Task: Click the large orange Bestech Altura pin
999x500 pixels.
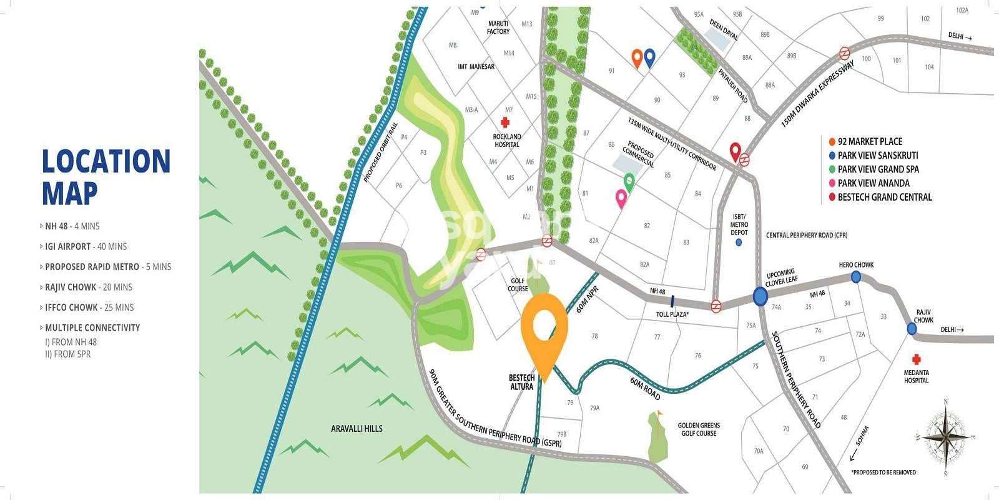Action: (544, 328)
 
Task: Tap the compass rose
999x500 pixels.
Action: (945, 436)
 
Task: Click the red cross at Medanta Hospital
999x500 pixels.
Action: (916, 359)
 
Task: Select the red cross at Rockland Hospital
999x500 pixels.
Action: (506, 122)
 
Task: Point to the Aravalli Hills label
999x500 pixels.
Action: (357, 429)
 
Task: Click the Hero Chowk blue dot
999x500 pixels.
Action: (855, 276)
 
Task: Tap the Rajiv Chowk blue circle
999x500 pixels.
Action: (912, 329)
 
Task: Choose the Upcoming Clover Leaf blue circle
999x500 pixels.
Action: (760, 296)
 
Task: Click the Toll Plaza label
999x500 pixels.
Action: (672, 314)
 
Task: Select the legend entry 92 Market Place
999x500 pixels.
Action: (869, 142)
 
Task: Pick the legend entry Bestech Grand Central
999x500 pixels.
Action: (884, 197)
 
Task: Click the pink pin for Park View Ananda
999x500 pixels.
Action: (621, 199)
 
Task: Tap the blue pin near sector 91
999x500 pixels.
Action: (649, 57)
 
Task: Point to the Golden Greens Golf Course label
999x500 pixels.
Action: (699, 429)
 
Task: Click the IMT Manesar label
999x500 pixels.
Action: (476, 67)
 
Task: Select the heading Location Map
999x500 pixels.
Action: (106, 177)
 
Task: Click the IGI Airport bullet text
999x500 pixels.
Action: (86, 247)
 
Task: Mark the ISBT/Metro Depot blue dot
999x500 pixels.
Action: (739, 242)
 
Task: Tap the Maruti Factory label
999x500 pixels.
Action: (498, 27)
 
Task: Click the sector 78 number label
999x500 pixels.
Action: (594, 336)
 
